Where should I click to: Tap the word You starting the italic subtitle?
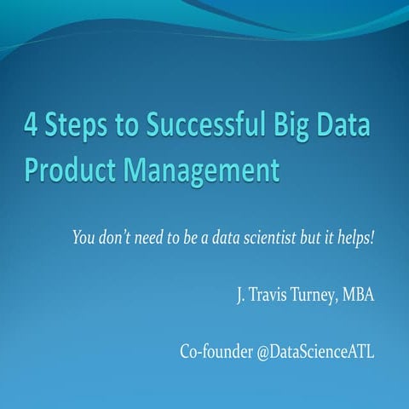pos(85,236)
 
